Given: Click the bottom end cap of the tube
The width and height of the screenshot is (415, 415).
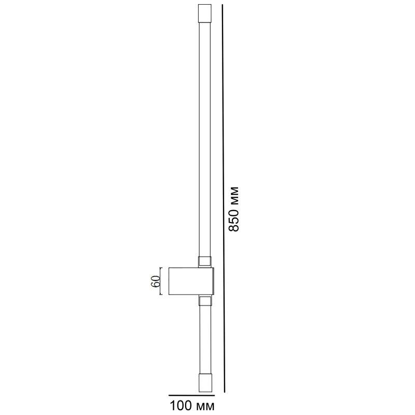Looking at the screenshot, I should (x=205, y=384).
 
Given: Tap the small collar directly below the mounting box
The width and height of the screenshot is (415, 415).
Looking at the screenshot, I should (x=205, y=301).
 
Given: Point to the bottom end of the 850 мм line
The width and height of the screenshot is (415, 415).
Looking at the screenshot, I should (x=225, y=392).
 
